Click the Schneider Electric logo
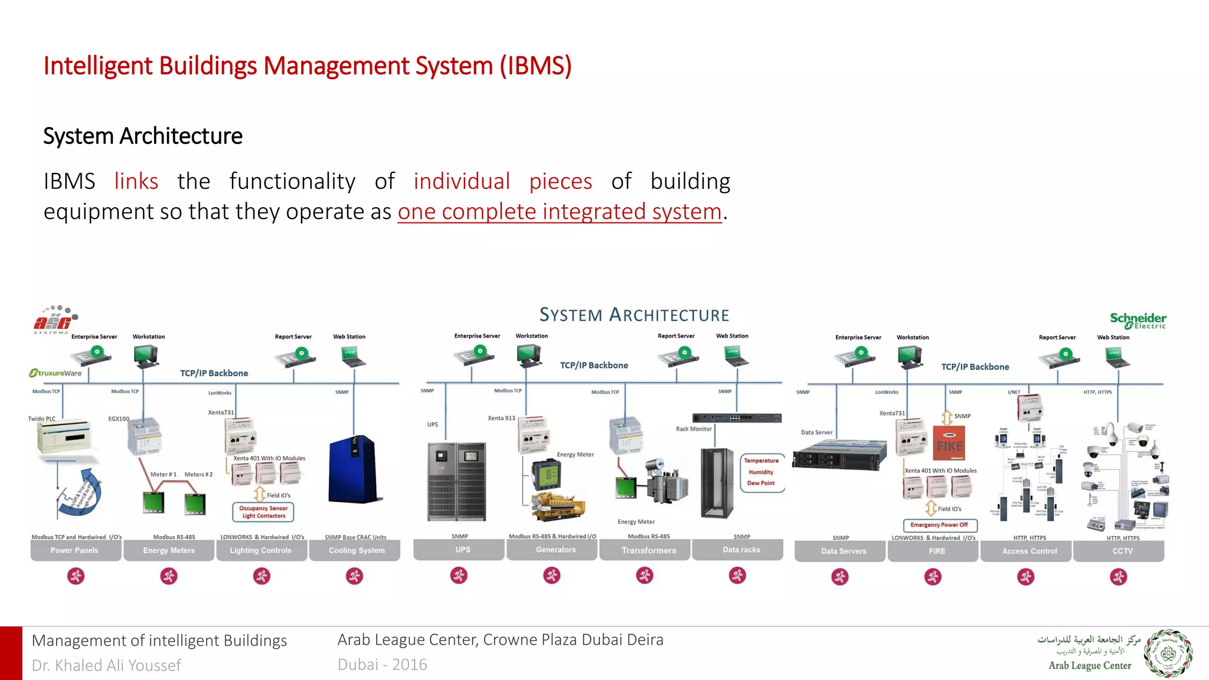click(1138, 321)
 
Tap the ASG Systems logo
click(54, 319)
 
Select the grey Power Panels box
click(75, 550)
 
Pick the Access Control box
click(1029, 551)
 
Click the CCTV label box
click(1122, 551)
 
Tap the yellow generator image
click(558, 506)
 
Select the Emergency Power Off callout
click(939, 525)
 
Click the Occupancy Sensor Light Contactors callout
click(263, 512)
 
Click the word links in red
click(136, 181)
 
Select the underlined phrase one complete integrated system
click(560, 212)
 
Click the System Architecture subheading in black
click(143, 136)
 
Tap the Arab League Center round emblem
click(1168, 653)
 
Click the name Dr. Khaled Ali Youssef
click(106, 665)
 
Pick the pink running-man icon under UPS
click(459, 575)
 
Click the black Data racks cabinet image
click(716, 483)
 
